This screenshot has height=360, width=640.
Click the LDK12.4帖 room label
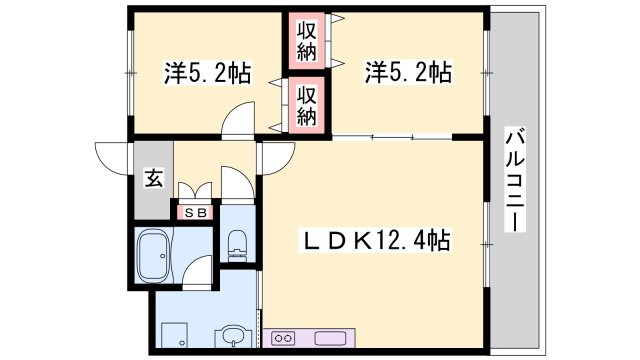pos(376,241)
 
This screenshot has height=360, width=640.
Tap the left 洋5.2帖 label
pos(207,73)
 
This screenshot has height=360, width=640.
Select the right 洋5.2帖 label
pos(407,73)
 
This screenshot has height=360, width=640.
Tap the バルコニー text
pos(514,180)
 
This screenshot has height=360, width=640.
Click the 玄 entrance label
pos(154,180)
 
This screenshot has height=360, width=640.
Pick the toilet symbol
pos(237,244)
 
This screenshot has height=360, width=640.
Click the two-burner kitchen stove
pos(283,336)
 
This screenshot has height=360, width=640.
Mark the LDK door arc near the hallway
pos(275,155)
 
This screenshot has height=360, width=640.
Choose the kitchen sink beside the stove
pos(330,336)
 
